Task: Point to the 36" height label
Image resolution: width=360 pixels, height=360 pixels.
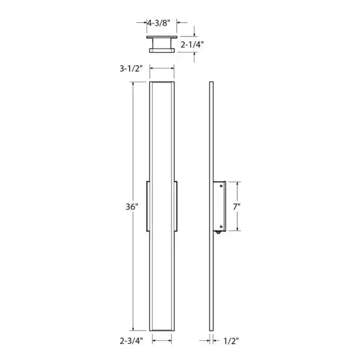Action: pos(133,206)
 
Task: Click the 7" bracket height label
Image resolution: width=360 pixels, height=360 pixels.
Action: pos(237,206)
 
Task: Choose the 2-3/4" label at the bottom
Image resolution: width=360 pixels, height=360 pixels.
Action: pos(131,340)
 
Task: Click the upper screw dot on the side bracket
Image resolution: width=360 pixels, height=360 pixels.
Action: pos(221,187)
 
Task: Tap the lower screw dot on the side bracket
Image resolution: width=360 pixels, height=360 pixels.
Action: pos(221,226)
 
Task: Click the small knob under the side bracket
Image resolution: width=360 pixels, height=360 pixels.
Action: pos(217,233)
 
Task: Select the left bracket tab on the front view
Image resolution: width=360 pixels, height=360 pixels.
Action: pos(148,206)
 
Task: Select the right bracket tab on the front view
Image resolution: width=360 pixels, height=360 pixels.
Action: pos(176,206)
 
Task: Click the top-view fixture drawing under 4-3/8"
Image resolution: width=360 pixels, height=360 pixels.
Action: pos(162,44)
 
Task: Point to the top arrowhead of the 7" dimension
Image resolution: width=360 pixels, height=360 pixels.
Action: pos(238,183)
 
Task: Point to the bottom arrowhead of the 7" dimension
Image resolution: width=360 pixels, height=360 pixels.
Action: pos(238,230)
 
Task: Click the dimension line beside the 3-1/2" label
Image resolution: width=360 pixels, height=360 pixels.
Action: pos(162,70)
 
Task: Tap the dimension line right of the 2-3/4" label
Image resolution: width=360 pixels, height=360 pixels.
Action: pos(163,340)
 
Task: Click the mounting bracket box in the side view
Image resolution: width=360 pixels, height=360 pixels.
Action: pos(218,206)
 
